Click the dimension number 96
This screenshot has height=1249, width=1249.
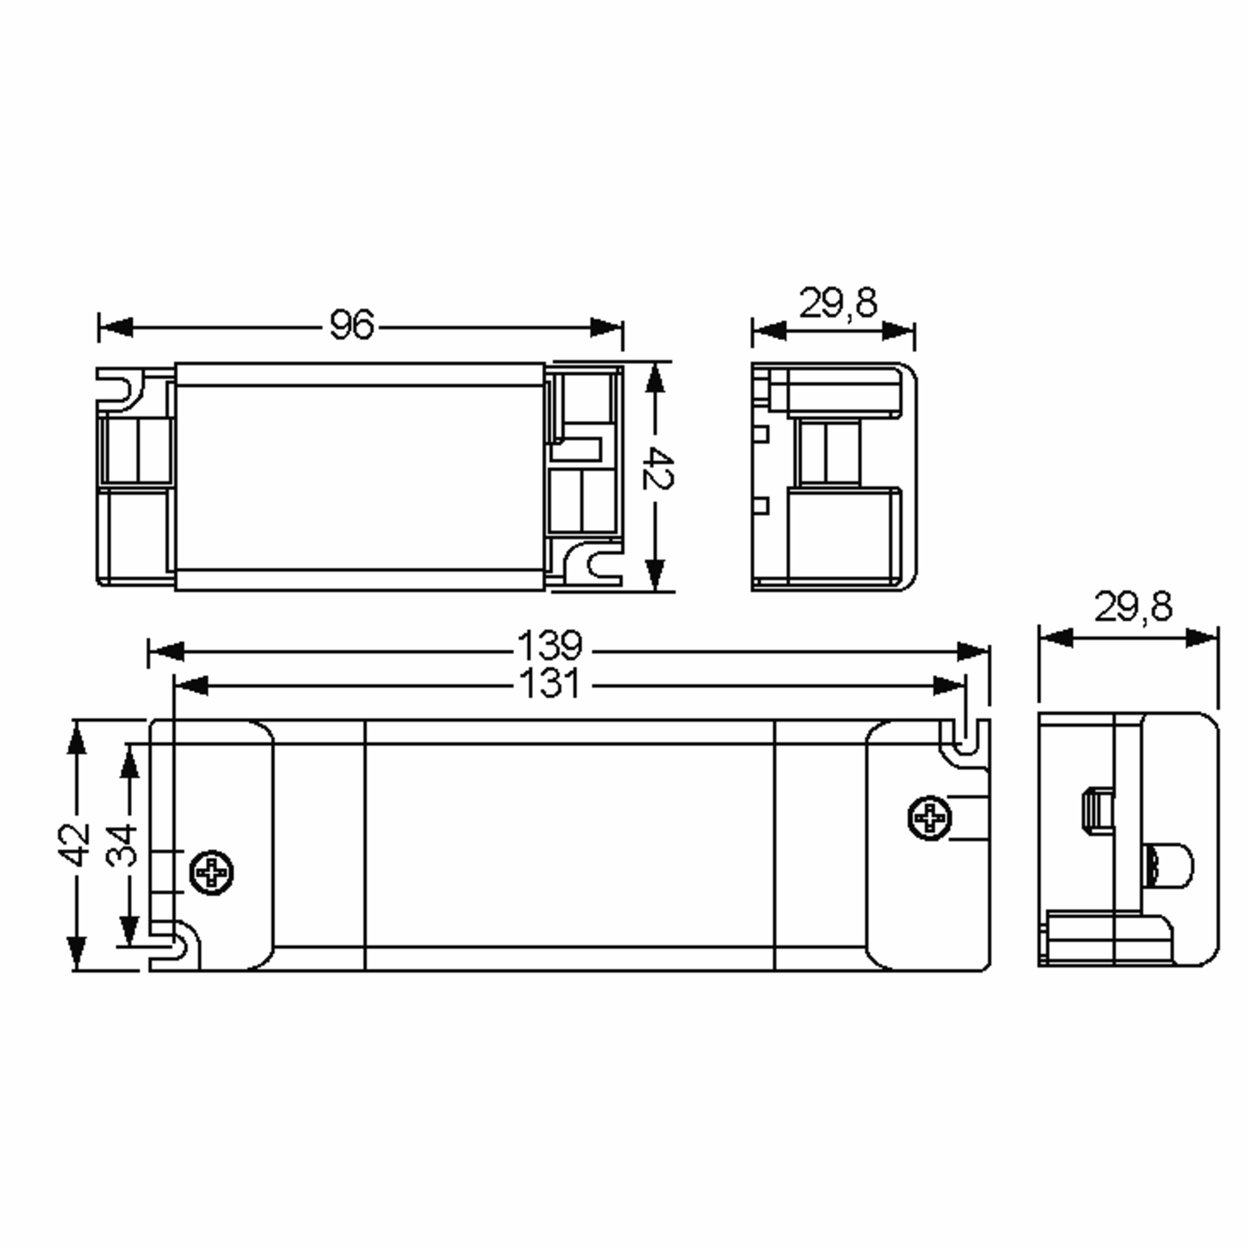pos(352,325)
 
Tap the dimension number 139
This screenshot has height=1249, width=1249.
pos(550,645)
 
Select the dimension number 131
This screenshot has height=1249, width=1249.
pos(550,684)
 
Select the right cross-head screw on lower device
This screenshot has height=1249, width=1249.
pos(929,818)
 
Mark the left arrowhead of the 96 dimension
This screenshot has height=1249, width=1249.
pos(117,327)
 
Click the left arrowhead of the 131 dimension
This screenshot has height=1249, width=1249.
pos(192,686)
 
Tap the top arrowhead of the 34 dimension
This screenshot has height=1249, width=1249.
pos(130,763)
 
